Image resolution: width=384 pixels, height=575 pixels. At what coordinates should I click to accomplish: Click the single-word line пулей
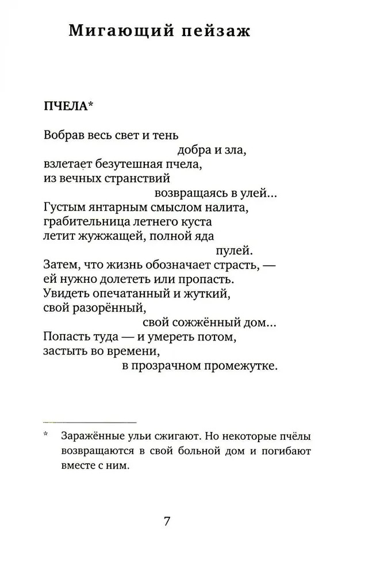tap(233, 251)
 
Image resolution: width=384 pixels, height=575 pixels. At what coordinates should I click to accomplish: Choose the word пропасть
tap(209, 279)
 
